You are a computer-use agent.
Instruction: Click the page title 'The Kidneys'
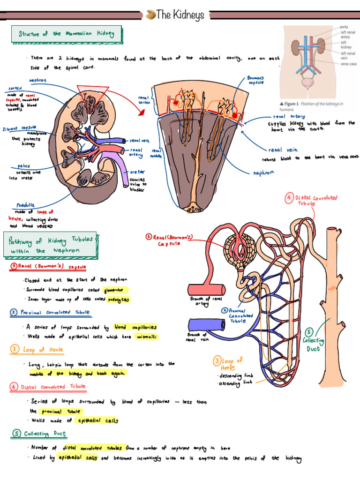[x=180, y=15]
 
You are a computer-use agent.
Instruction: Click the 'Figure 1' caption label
[x=290, y=104]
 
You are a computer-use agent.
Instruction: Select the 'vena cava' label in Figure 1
[x=349, y=63]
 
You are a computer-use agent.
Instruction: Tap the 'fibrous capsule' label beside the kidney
[x=19, y=128]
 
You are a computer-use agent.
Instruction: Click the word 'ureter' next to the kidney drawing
[x=137, y=172]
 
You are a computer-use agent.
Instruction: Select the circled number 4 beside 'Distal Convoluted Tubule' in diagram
[x=289, y=197]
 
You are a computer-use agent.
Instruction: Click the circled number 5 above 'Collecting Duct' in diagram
[x=308, y=332]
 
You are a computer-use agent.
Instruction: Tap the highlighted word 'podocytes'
[x=118, y=300]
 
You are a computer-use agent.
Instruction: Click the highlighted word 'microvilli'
[x=146, y=337]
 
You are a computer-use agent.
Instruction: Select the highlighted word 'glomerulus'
[x=115, y=290]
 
